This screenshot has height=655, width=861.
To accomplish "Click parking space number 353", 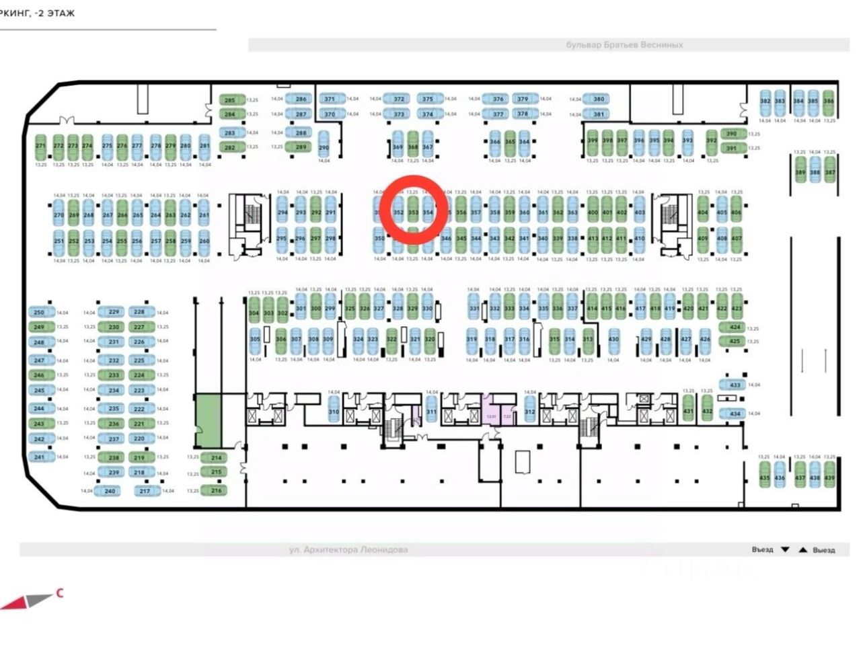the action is [413, 213].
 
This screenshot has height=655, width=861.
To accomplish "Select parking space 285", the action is [230, 100].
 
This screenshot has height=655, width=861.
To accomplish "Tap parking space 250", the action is [40, 312].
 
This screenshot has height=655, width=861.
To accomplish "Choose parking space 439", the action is [829, 478].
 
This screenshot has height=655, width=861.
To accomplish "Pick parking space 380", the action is [599, 99].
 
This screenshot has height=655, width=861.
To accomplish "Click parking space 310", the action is [334, 412].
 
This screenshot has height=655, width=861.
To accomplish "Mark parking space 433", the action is [735, 385].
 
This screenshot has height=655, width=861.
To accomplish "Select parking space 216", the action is [216, 490].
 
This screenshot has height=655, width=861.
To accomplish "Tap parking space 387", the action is [830, 172].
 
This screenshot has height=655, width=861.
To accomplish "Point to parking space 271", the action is [40, 146].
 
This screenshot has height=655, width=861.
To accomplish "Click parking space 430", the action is [613, 340].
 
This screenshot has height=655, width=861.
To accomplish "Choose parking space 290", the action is [324, 148].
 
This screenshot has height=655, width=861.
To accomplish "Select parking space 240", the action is [110, 491].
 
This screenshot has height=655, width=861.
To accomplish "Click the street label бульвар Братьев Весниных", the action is [624, 45].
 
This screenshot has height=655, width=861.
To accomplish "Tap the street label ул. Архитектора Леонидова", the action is [348, 549].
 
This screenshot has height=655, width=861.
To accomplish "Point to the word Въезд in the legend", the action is [762, 549].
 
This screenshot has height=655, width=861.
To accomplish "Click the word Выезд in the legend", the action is [823, 549].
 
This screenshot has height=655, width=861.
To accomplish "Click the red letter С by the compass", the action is [60, 593].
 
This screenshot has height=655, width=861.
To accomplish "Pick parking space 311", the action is [432, 412].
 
